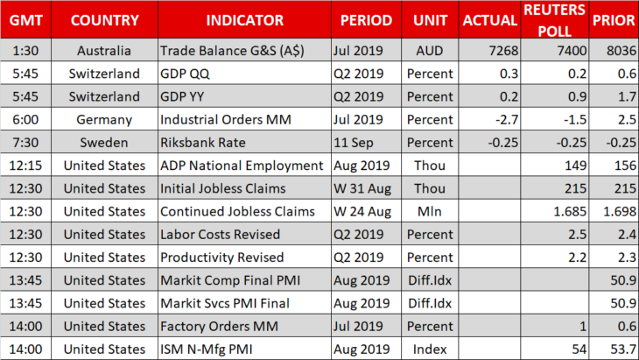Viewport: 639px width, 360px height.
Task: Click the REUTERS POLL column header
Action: click(554, 20)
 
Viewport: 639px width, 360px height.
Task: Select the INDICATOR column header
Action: click(244, 20)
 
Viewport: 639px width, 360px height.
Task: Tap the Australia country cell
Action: click(104, 51)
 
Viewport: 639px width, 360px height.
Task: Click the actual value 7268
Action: click(503, 51)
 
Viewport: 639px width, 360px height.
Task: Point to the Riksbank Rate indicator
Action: click(203, 143)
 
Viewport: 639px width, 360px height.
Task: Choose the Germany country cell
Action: click(104, 120)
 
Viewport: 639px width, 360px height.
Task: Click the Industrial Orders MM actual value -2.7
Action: click(507, 119)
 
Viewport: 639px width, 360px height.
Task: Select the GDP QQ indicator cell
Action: click(185, 74)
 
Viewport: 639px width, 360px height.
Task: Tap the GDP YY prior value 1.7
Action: click(627, 96)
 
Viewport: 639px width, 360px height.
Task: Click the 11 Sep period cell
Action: click(354, 143)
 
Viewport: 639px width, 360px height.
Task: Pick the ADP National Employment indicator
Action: click(242, 166)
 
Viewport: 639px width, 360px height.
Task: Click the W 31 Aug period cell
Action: click(362, 188)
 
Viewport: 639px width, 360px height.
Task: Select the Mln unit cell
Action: click(430, 212)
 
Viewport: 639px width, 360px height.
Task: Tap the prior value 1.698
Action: click(620, 212)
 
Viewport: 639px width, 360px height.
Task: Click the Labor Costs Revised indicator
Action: click(220, 235)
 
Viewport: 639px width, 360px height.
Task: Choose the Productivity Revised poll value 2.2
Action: click(577, 258)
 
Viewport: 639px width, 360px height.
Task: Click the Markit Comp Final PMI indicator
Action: click(230, 280)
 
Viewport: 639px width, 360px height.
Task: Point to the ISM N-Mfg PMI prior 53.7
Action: click(623, 349)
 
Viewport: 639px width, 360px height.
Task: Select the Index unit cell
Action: click(430, 349)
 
